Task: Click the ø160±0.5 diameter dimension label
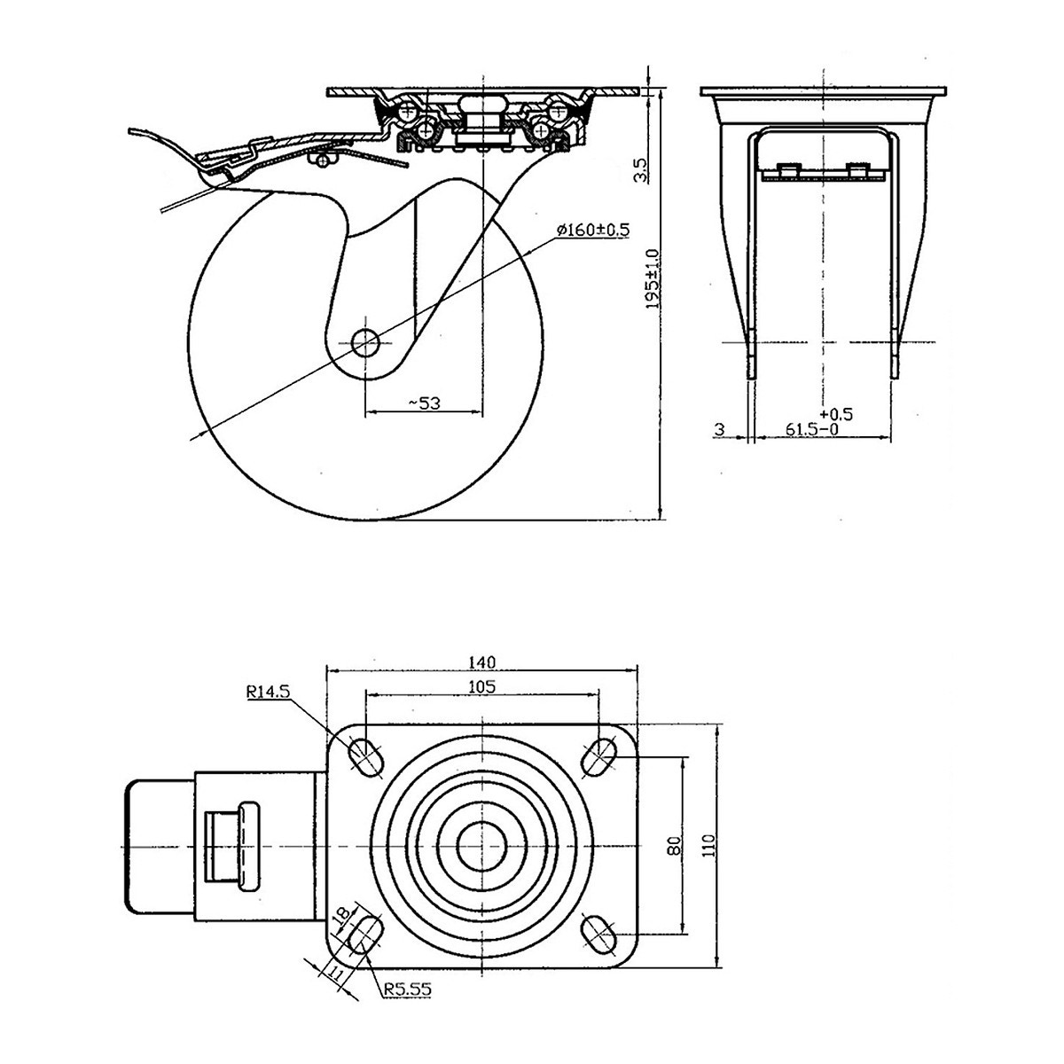[x=592, y=231]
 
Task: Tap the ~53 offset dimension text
[x=425, y=403]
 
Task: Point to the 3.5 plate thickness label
[x=645, y=169]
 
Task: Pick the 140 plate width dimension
[x=482, y=661]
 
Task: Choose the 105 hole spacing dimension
[x=482, y=685]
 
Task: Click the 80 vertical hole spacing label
[x=674, y=846]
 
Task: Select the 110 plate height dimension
[x=707, y=846]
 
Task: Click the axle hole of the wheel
[x=364, y=341]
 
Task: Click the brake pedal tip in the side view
[x=129, y=132]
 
